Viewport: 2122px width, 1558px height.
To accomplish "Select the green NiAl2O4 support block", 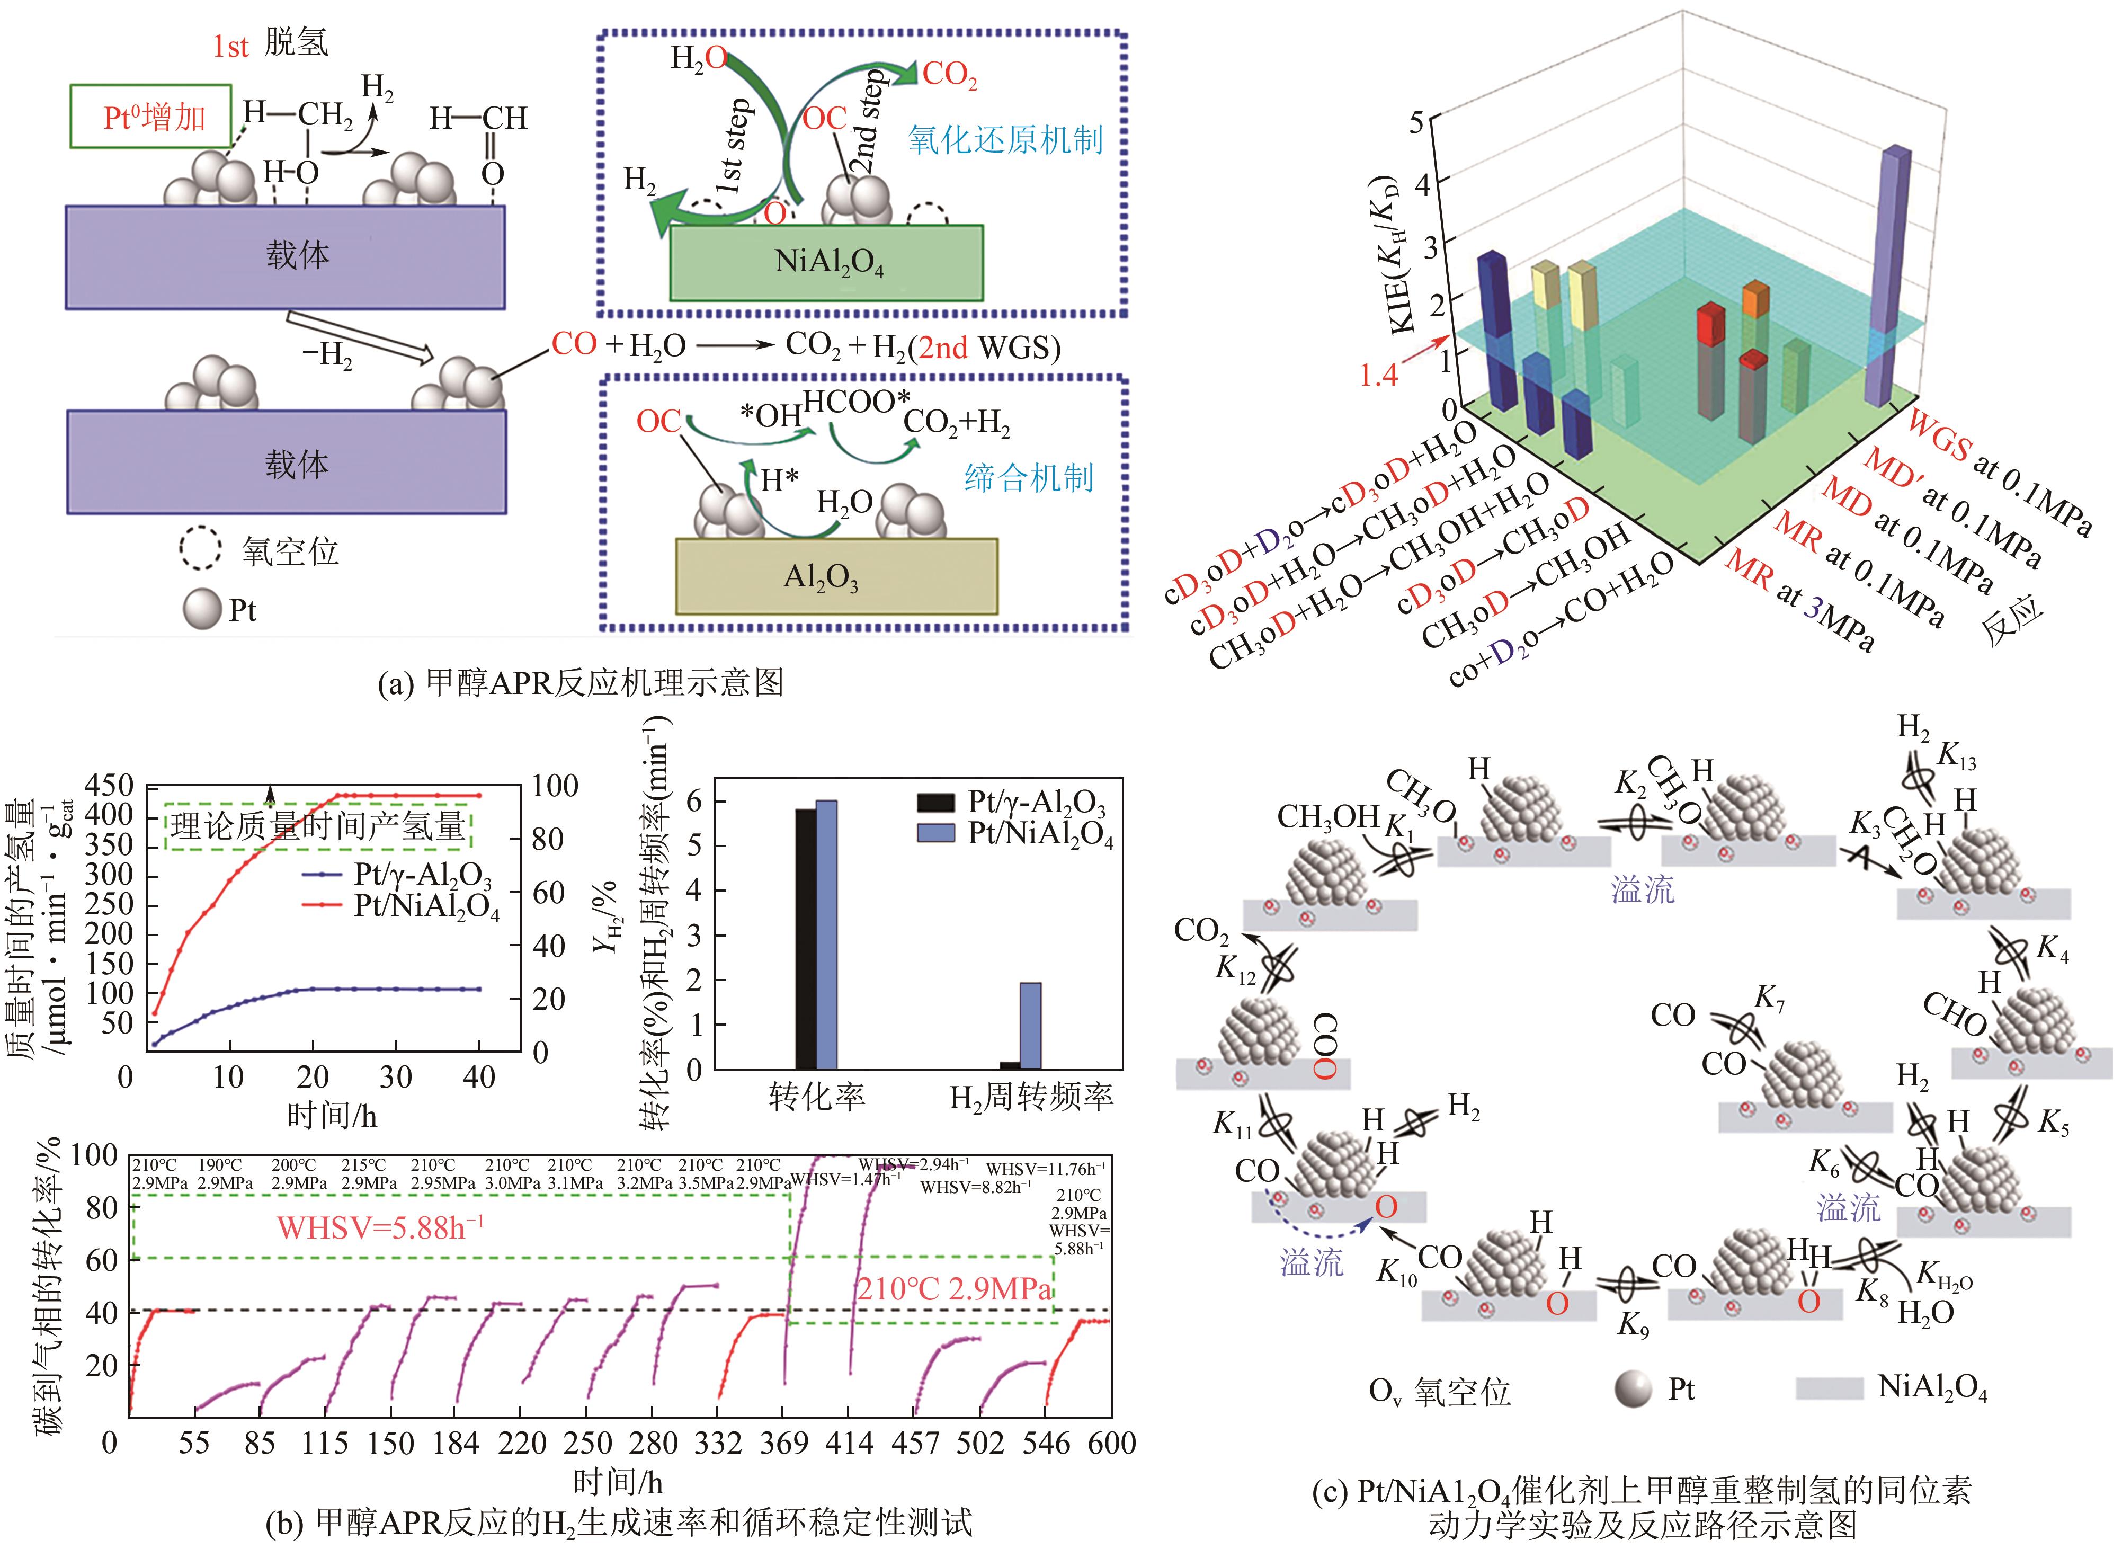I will (x=827, y=262).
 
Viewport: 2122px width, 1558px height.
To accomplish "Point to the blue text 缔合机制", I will (x=1028, y=478).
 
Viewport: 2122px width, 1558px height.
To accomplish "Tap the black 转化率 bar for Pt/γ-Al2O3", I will (x=805, y=938).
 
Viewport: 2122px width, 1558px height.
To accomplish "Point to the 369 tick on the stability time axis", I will (x=784, y=1443).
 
